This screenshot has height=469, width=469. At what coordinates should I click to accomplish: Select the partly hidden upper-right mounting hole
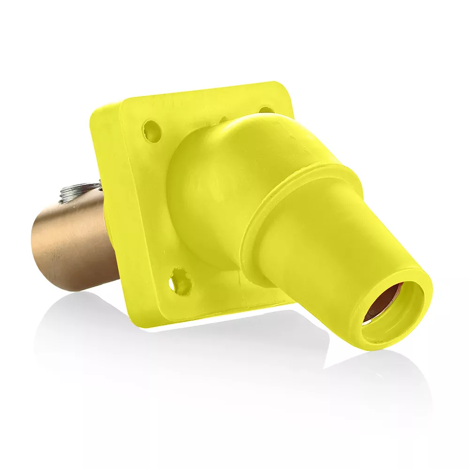pyautogui.click(x=266, y=110)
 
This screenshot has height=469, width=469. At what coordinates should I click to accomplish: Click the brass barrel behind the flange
pyautogui.click(x=70, y=244)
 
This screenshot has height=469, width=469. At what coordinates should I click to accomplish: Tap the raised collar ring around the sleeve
pyautogui.click(x=300, y=197)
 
